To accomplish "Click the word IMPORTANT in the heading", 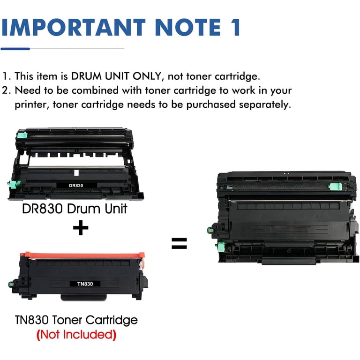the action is click(74, 27).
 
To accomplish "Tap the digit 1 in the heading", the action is click(235, 27).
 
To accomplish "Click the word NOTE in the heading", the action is click(188, 27).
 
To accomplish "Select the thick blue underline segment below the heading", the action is click(15, 49).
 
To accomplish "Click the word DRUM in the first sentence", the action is click(86, 76).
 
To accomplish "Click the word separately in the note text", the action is click(265, 105).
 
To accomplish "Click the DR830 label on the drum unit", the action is click(76, 186).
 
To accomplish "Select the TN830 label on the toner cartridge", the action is click(85, 284).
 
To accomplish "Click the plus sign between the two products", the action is click(81, 228).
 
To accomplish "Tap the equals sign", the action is click(180, 243).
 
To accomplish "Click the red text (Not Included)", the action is click(76, 335).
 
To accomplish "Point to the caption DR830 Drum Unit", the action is click(75, 209).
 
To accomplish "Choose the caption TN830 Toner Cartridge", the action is click(76, 320).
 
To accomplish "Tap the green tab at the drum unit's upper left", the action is click(22, 135).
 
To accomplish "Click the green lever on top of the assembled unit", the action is click(336, 187).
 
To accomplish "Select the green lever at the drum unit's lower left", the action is click(14, 184).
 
